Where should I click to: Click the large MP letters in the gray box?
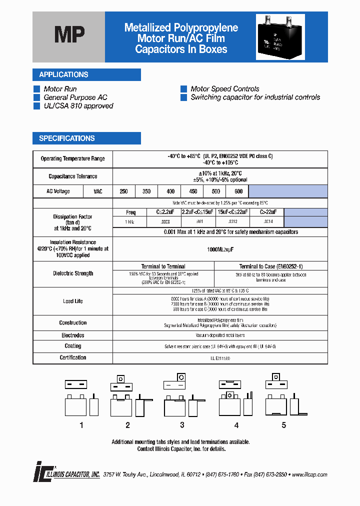pos(69,35)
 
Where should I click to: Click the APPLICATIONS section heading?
pos(63,75)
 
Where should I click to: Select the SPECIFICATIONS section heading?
pos(67,138)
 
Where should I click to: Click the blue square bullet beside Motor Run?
pos(36,89)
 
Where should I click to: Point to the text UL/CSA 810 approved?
pos(78,106)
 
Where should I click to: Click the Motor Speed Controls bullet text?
pos(225,89)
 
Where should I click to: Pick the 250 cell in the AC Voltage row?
pos(124,191)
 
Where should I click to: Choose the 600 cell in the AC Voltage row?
pos(238,191)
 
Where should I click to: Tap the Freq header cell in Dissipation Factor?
pos(130,212)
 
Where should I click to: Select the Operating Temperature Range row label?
pos(72,159)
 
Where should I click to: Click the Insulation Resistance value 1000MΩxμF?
pos(220,249)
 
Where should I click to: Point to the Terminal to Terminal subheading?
pos(163,266)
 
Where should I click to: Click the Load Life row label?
pos(72,301)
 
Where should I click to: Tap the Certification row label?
pos(72,357)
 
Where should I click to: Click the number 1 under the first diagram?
pos(81,425)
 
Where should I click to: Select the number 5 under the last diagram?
pos(284,425)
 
